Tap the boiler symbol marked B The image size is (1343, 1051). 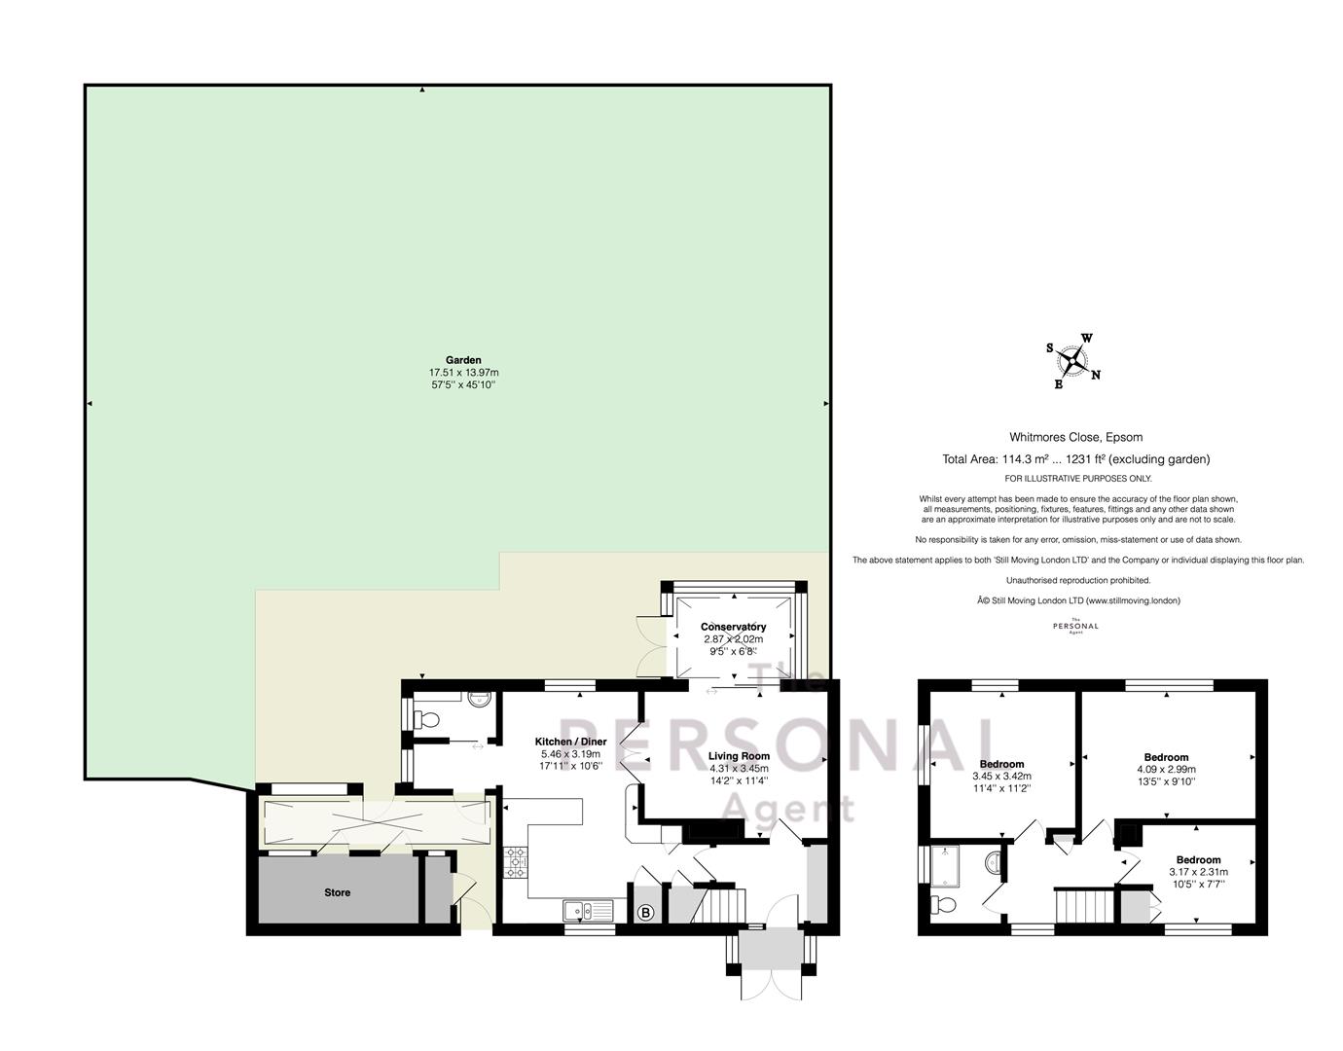pyautogui.click(x=644, y=913)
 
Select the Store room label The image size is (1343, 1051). pyautogui.click(x=337, y=892)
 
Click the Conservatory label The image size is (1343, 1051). pyautogui.click(x=733, y=627)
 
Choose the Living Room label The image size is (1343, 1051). pyautogui.click(x=739, y=756)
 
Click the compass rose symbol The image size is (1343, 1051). pyautogui.click(x=1071, y=361)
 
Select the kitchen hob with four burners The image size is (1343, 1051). pyautogui.click(x=515, y=861)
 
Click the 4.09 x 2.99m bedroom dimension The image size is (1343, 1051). pyautogui.click(x=1166, y=769)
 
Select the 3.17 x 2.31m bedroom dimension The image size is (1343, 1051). pyautogui.click(x=1198, y=872)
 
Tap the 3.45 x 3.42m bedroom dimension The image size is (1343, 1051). pyautogui.click(x=1001, y=776)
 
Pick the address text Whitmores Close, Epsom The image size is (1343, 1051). pyautogui.click(x=1068, y=437)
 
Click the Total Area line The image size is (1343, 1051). pyautogui.click(x=1075, y=459)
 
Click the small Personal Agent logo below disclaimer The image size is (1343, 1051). pyautogui.click(x=1075, y=627)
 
